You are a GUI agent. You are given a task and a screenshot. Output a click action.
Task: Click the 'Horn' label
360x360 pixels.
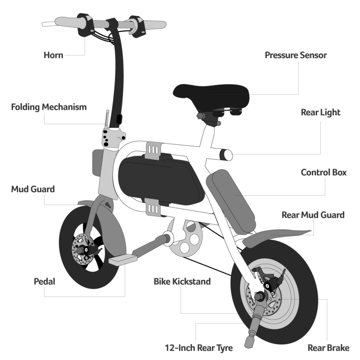53,55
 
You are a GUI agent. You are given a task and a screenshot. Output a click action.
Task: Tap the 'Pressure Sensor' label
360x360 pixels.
296,55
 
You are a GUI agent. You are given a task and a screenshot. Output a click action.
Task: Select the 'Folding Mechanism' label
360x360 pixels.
49,107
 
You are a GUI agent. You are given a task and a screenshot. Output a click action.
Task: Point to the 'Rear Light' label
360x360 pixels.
321,112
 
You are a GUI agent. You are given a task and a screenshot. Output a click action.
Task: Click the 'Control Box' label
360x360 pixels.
324,172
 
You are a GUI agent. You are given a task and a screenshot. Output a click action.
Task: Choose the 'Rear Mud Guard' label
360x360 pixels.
313,215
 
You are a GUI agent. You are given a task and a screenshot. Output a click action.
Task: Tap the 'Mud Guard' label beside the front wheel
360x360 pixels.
33,189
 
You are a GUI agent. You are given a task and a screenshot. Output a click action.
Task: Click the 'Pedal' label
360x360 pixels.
45,282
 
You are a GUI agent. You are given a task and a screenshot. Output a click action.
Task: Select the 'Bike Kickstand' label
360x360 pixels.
182,282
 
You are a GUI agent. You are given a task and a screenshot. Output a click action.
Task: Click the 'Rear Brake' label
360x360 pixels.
328,348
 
